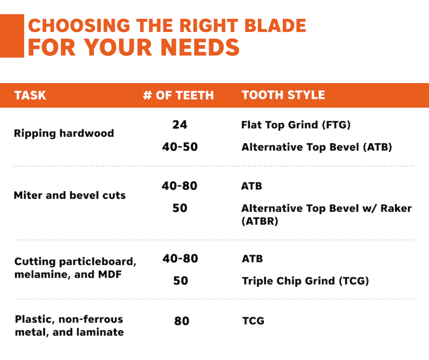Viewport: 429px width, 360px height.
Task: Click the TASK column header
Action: click(30, 95)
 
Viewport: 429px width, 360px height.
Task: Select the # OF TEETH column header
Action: click(178, 95)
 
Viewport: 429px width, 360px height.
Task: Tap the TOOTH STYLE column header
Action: click(284, 95)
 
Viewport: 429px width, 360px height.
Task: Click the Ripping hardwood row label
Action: click(64, 134)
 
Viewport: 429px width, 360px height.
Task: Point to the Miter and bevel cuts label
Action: click(70, 195)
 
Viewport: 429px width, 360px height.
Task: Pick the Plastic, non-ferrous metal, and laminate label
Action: click(70, 326)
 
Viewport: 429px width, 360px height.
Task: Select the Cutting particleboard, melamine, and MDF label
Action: click(75, 268)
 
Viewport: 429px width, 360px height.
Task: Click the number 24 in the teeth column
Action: click(180, 125)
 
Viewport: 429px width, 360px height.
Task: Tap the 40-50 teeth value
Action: click(180, 147)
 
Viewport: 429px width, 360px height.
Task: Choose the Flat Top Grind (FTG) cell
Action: click(296, 125)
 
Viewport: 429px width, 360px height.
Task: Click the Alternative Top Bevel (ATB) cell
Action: click(317, 147)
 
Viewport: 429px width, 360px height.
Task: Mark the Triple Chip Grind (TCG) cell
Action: click(305, 281)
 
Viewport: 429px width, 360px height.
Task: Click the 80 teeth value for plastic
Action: click(182, 321)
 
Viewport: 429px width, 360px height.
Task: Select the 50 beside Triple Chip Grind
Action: click(181, 281)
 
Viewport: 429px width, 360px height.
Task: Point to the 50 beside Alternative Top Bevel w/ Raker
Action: click(180, 208)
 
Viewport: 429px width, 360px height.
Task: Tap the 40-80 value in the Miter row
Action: click(179, 186)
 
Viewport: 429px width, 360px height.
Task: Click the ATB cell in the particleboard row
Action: click(252, 259)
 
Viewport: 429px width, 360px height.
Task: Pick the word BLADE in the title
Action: click(275, 26)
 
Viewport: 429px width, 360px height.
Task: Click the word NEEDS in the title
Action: click(200, 47)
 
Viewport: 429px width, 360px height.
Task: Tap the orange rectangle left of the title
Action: click(12, 36)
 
